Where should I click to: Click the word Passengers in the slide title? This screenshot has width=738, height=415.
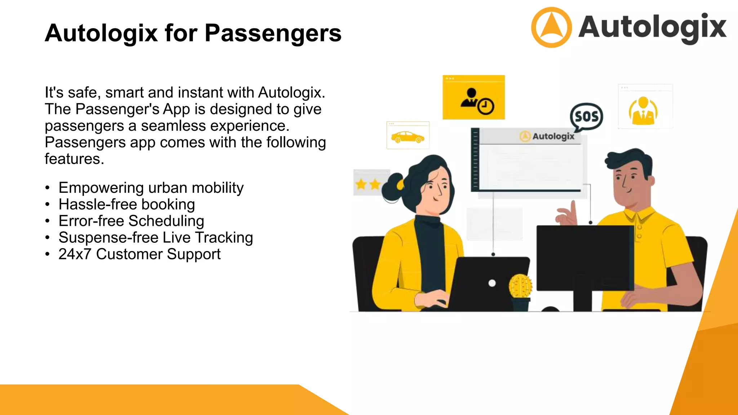pyautogui.click(x=273, y=33)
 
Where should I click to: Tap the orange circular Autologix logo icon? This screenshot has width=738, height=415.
pyautogui.click(x=551, y=27)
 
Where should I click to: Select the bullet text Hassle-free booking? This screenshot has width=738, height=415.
pyautogui.click(x=126, y=204)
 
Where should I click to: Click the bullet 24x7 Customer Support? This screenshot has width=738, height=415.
pyautogui.click(x=139, y=254)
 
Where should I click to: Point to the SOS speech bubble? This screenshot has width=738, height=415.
pyautogui.click(x=586, y=116)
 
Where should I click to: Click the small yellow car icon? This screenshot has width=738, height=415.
pyautogui.click(x=408, y=137)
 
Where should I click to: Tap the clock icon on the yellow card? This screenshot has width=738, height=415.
pyautogui.click(x=486, y=106)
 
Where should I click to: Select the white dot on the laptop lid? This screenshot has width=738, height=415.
pyautogui.click(x=492, y=283)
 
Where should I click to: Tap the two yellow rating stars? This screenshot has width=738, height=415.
pyautogui.click(x=368, y=184)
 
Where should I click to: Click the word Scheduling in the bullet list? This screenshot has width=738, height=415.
pyautogui.click(x=166, y=221)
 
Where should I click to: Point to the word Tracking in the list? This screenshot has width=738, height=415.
pyautogui.click(x=224, y=237)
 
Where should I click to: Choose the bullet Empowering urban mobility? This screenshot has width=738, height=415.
pyautogui.click(x=151, y=188)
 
